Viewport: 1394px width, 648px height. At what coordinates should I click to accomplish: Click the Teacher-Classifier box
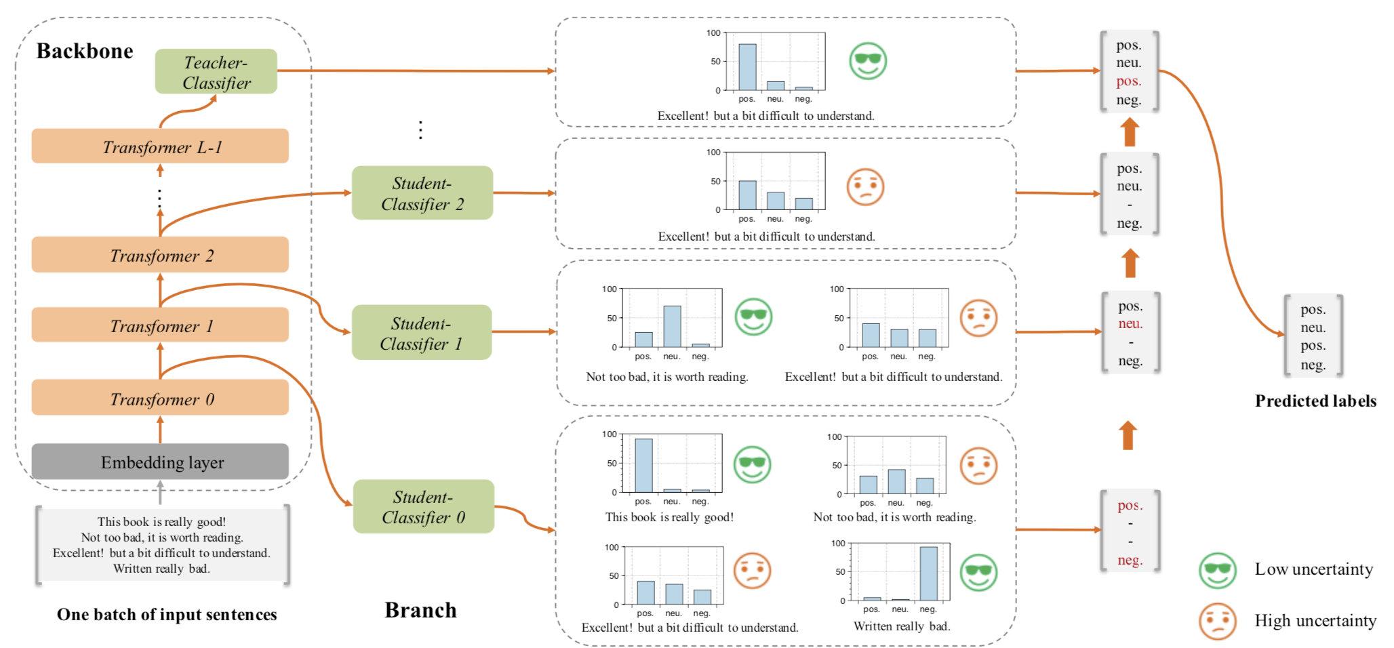tap(216, 72)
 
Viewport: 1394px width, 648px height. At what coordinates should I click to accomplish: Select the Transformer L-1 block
tap(160, 146)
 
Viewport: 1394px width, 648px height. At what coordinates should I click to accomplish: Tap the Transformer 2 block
tap(160, 255)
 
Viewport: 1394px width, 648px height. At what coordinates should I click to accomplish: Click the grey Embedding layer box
tap(160, 462)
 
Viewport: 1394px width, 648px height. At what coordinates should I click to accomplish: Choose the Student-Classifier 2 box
tap(422, 193)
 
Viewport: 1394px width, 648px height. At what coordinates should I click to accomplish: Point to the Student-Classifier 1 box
tap(421, 332)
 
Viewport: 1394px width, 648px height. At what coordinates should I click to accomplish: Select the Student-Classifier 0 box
tap(423, 506)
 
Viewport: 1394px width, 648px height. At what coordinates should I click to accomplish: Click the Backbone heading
tap(85, 51)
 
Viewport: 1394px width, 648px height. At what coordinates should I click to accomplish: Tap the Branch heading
tap(420, 610)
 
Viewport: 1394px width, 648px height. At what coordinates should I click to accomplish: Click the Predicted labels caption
tap(1315, 401)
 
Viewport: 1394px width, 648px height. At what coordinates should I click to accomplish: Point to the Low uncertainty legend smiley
tap(1218, 570)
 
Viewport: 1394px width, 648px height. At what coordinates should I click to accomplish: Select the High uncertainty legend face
tap(1218, 621)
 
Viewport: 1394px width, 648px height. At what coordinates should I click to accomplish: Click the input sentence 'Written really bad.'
tap(161, 569)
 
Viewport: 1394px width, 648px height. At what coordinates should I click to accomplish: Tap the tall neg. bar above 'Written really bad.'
tap(928, 573)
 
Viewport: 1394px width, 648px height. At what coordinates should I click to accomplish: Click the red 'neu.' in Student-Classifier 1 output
tap(1130, 324)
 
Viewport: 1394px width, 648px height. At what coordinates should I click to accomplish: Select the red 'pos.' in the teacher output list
tap(1129, 81)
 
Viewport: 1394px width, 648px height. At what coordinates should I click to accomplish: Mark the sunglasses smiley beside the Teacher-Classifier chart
tap(868, 61)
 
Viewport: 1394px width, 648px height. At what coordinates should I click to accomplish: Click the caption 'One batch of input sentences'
tap(167, 615)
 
